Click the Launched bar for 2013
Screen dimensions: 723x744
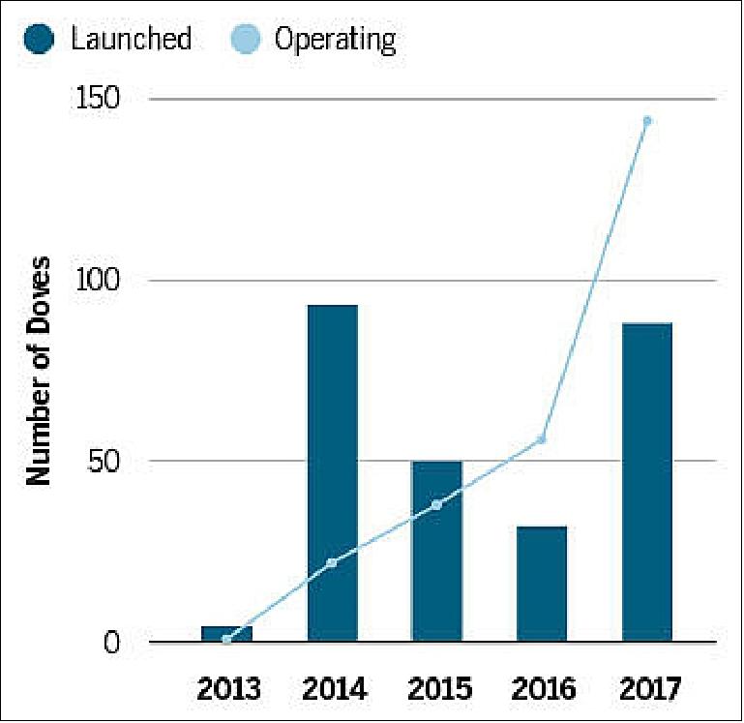coord(226,633)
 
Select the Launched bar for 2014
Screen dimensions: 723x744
coord(332,472)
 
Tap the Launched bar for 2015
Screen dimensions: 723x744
coord(437,551)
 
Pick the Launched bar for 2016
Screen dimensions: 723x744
coord(542,584)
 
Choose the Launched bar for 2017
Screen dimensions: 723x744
coord(647,481)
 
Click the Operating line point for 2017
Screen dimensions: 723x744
coord(647,121)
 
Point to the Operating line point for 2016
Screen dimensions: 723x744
coord(542,439)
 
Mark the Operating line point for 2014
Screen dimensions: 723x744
coord(332,562)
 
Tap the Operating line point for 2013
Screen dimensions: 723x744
coord(226,639)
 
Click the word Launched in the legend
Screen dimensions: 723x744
coord(131,40)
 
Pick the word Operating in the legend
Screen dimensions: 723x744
coord(335,40)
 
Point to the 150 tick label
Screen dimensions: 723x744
coord(101,100)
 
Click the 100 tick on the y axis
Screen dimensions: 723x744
coord(101,281)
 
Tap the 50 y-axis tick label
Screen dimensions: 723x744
coord(107,462)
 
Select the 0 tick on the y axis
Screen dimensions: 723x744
coord(115,643)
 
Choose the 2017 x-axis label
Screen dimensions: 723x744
coord(647,689)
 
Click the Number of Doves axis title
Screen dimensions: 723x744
coord(39,370)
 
